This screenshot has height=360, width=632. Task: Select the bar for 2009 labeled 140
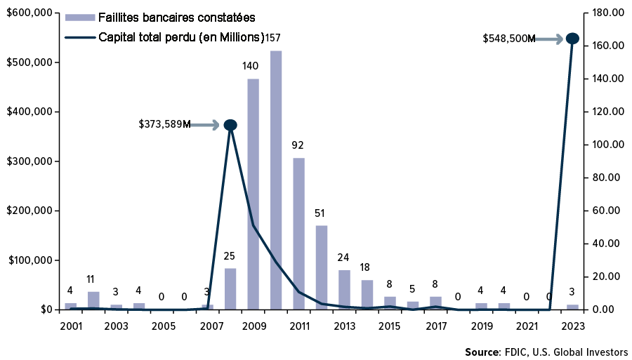pyautogui.click(x=253, y=194)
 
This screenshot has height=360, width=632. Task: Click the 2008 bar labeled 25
pyautogui.click(x=230, y=288)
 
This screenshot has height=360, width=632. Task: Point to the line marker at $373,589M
pyautogui.click(x=230, y=125)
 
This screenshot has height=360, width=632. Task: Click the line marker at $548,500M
pyautogui.click(x=572, y=39)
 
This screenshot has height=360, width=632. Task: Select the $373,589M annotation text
pyautogui.click(x=164, y=125)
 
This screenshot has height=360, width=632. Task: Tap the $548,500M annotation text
pyautogui.click(x=508, y=39)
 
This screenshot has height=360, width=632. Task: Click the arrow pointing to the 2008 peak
pyautogui.click(x=206, y=125)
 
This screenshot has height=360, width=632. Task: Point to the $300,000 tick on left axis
pyautogui.click(x=29, y=161)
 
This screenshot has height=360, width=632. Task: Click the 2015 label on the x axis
pyautogui.click(x=390, y=327)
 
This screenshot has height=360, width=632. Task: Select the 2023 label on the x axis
pyautogui.click(x=572, y=327)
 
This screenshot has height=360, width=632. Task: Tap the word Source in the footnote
pyautogui.click(x=480, y=352)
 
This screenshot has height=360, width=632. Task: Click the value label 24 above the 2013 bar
pyautogui.click(x=344, y=256)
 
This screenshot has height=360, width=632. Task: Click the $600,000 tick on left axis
pyautogui.click(x=29, y=13)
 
